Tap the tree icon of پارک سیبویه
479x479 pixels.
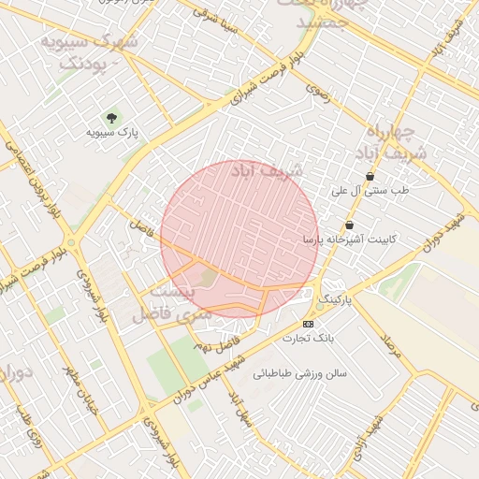112,118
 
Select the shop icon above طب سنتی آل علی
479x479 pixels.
370,176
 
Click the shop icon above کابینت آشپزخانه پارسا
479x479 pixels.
349,225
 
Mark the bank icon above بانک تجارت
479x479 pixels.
309,324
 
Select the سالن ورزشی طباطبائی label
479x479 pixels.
299,372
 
